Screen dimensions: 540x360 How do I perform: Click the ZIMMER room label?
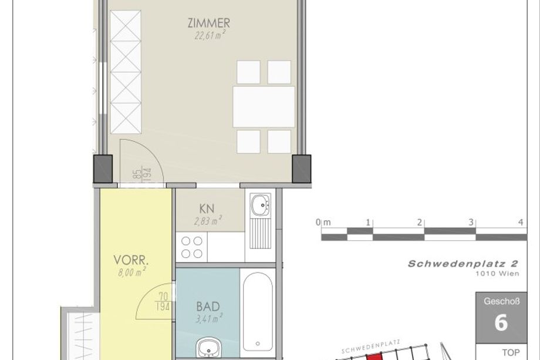pyautogui.click(x=209, y=23)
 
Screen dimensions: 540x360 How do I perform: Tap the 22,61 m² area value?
pyautogui.click(x=210, y=35)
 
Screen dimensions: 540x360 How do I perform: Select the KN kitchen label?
pyautogui.click(x=207, y=208)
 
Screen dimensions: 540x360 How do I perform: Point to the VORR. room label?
pyautogui.click(x=131, y=260)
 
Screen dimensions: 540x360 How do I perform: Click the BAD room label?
pyautogui.click(x=208, y=306)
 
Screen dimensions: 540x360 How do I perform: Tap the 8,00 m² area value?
pyautogui.click(x=132, y=272)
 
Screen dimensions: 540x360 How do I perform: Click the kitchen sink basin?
pyautogui.click(x=261, y=204)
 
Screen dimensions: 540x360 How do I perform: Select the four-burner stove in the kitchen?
pyautogui.click(x=192, y=247)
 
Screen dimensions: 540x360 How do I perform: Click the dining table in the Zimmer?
pyautogui.click(x=264, y=107)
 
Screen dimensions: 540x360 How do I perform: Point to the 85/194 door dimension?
pyautogui.click(x=142, y=174)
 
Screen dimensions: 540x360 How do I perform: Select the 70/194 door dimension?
pyautogui.click(x=163, y=301)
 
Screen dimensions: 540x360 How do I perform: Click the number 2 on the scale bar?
pyautogui.click(x=420, y=223)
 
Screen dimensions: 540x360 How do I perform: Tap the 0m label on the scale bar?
pyautogui.click(x=323, y=222)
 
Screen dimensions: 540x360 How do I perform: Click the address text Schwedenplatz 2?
pyautogui.click(x=463, y=264)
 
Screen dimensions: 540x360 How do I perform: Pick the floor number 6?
pyautogui.click(x=501, y=323)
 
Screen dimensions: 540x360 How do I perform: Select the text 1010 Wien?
pyautogui.click(x=497, y=274)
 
